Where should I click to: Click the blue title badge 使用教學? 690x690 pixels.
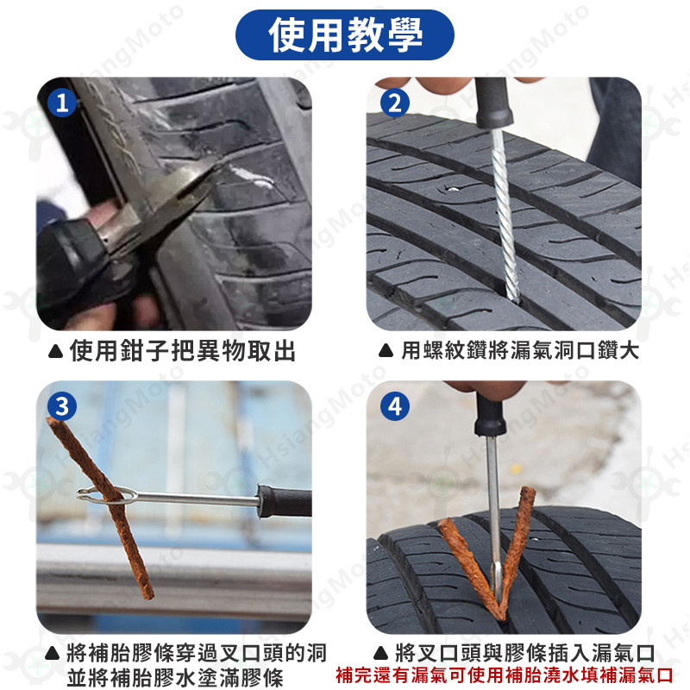coord(344,34)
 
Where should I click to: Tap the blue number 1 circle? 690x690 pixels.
coord(62,103)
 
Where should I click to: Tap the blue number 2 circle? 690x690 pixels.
coord(395,103)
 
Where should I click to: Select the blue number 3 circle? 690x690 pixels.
coord(62,405)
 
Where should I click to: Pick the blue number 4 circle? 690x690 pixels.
coord(395,405)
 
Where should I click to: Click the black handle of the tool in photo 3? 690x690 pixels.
coord(285,500)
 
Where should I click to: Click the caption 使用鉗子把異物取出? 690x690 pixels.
coord(182,351)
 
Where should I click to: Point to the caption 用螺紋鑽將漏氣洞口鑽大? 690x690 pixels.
coord(520,351)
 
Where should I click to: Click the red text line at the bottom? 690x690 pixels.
coord(505,675)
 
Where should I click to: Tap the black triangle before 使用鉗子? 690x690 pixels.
coord(55,351)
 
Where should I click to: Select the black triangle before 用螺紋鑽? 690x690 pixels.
coord(386,351)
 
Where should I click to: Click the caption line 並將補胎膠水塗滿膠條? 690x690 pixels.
coord(175,677)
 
